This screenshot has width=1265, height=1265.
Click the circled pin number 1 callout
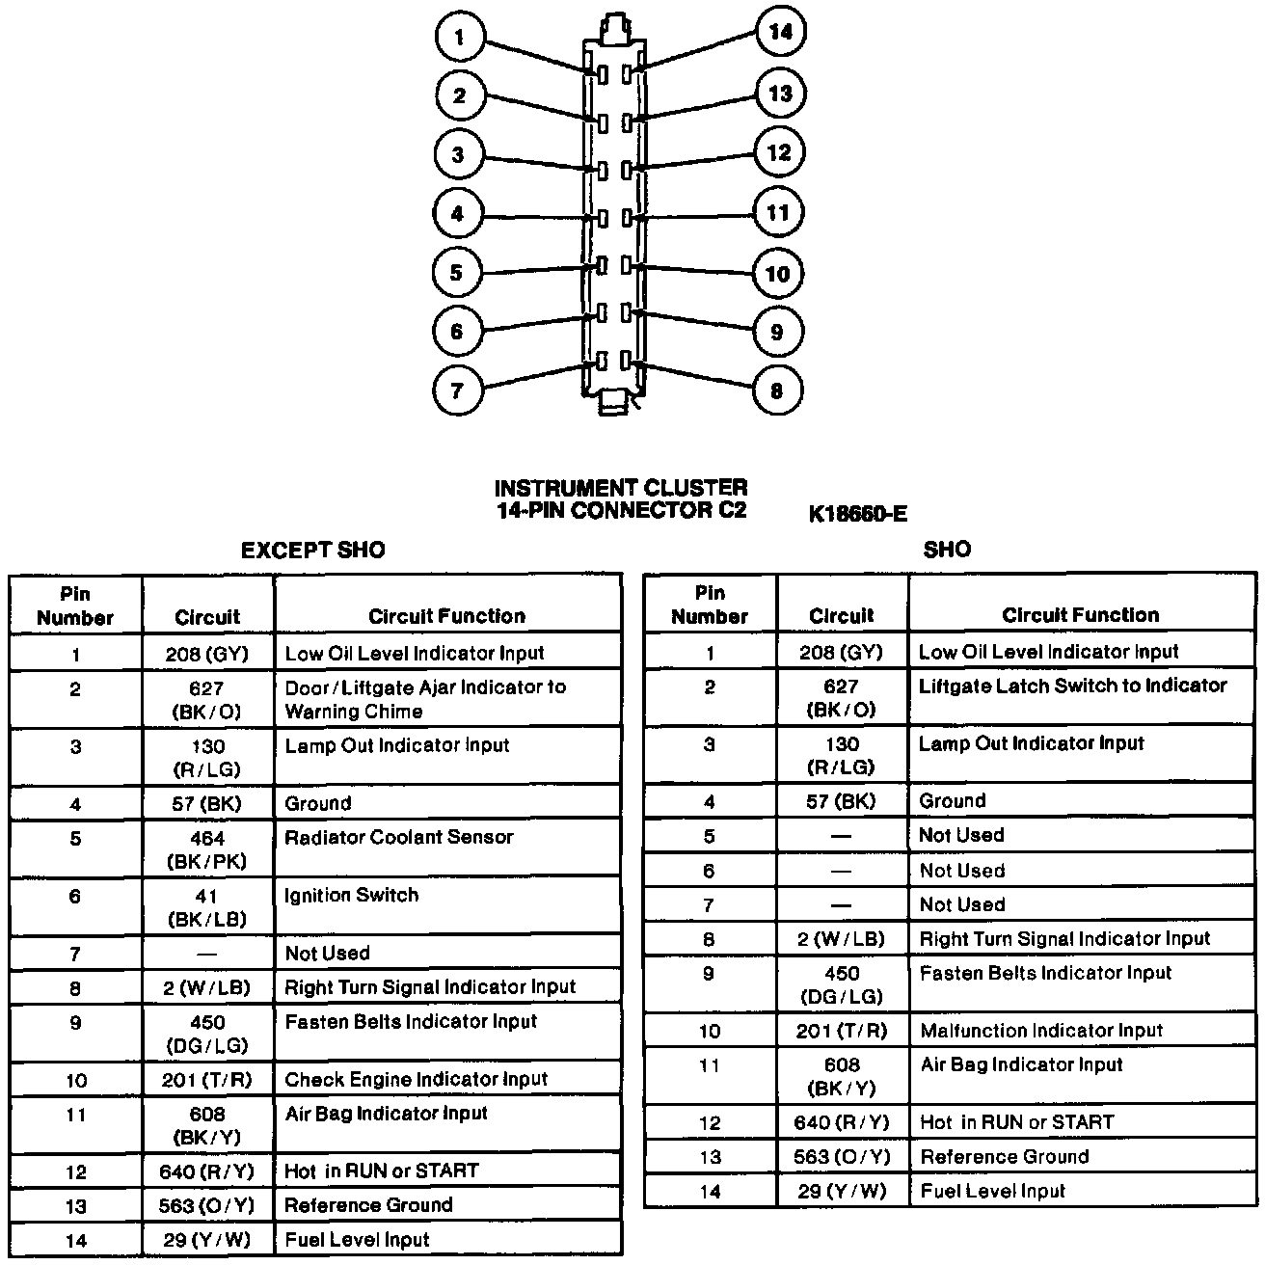click(x=459, y=39)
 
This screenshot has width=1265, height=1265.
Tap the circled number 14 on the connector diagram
click(x=779, y=33)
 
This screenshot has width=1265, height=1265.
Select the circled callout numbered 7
click(x=457, y=390)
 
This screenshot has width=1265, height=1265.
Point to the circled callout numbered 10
click(x=777, y=274)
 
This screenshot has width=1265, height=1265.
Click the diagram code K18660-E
click(x=858, y=514)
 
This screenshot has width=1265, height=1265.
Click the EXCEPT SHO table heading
click(x=312, y=551)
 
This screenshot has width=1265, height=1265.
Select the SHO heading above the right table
click(x=947, y=550)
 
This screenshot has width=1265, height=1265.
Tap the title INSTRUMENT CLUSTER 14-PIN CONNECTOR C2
click(x=621, y=499)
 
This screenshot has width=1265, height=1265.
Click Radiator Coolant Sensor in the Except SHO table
click(x=398, y=837)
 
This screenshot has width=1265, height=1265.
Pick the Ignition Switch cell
click(x=351, y=895)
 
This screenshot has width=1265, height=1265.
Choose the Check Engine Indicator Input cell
click(x=416, y=1079)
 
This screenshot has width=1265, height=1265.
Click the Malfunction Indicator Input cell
click(x=1041, y=1031)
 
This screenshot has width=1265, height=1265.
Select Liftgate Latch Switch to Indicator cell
click(x=1072, y=686)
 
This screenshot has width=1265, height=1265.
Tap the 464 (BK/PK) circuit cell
click(x=207, y=849)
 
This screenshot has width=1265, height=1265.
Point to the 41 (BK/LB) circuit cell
click(x=207, y=907)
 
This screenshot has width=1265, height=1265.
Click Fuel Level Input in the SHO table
click(x=992, y=1191)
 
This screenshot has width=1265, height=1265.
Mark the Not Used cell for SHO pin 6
click(x=961, y=871)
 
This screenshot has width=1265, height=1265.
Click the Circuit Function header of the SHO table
click(x=1081, y=615)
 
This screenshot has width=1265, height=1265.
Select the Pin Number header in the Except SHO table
click(x=75, y=606)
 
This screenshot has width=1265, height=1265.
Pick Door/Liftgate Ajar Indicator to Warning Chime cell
click(x=424, y=699)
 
